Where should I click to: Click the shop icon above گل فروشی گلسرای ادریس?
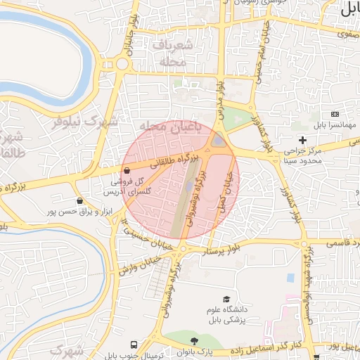tap(126, 171)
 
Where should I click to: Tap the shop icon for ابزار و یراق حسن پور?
tap(80, 201)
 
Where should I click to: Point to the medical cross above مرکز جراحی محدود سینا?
tap(303, 141)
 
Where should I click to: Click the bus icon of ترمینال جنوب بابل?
tap(134, 345)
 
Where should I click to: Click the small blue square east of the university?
tap(290, 278)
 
